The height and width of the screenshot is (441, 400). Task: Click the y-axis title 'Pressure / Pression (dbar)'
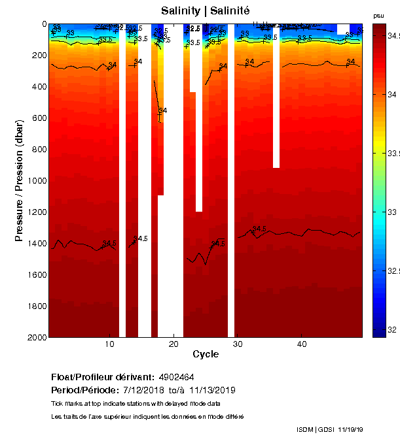click(19, 180)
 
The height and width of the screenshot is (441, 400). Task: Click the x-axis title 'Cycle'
click(206, 354)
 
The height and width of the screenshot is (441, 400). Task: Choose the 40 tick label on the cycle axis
click(302, 344)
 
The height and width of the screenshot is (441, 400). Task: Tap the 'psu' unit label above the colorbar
click(378, 16)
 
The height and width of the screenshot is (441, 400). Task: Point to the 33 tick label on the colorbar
click(392, 212)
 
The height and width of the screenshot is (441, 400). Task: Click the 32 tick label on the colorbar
click(392, 330)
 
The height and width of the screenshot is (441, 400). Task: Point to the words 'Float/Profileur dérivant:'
click(102, 378)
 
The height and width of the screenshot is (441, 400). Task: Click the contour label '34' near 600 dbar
click(163, 111)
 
